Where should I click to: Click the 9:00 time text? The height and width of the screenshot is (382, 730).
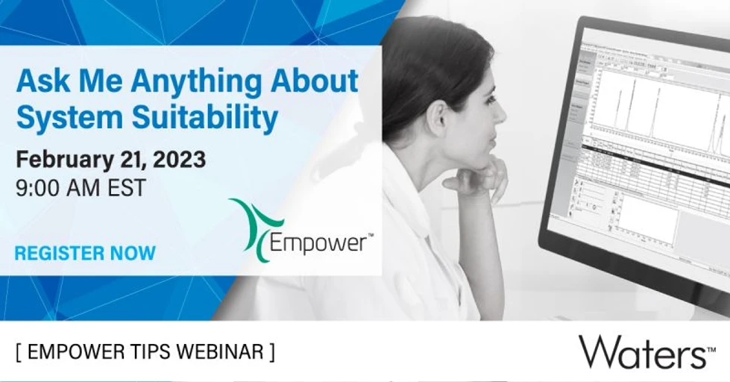(43, 187)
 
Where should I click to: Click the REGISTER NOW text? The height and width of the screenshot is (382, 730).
(85, 253)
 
